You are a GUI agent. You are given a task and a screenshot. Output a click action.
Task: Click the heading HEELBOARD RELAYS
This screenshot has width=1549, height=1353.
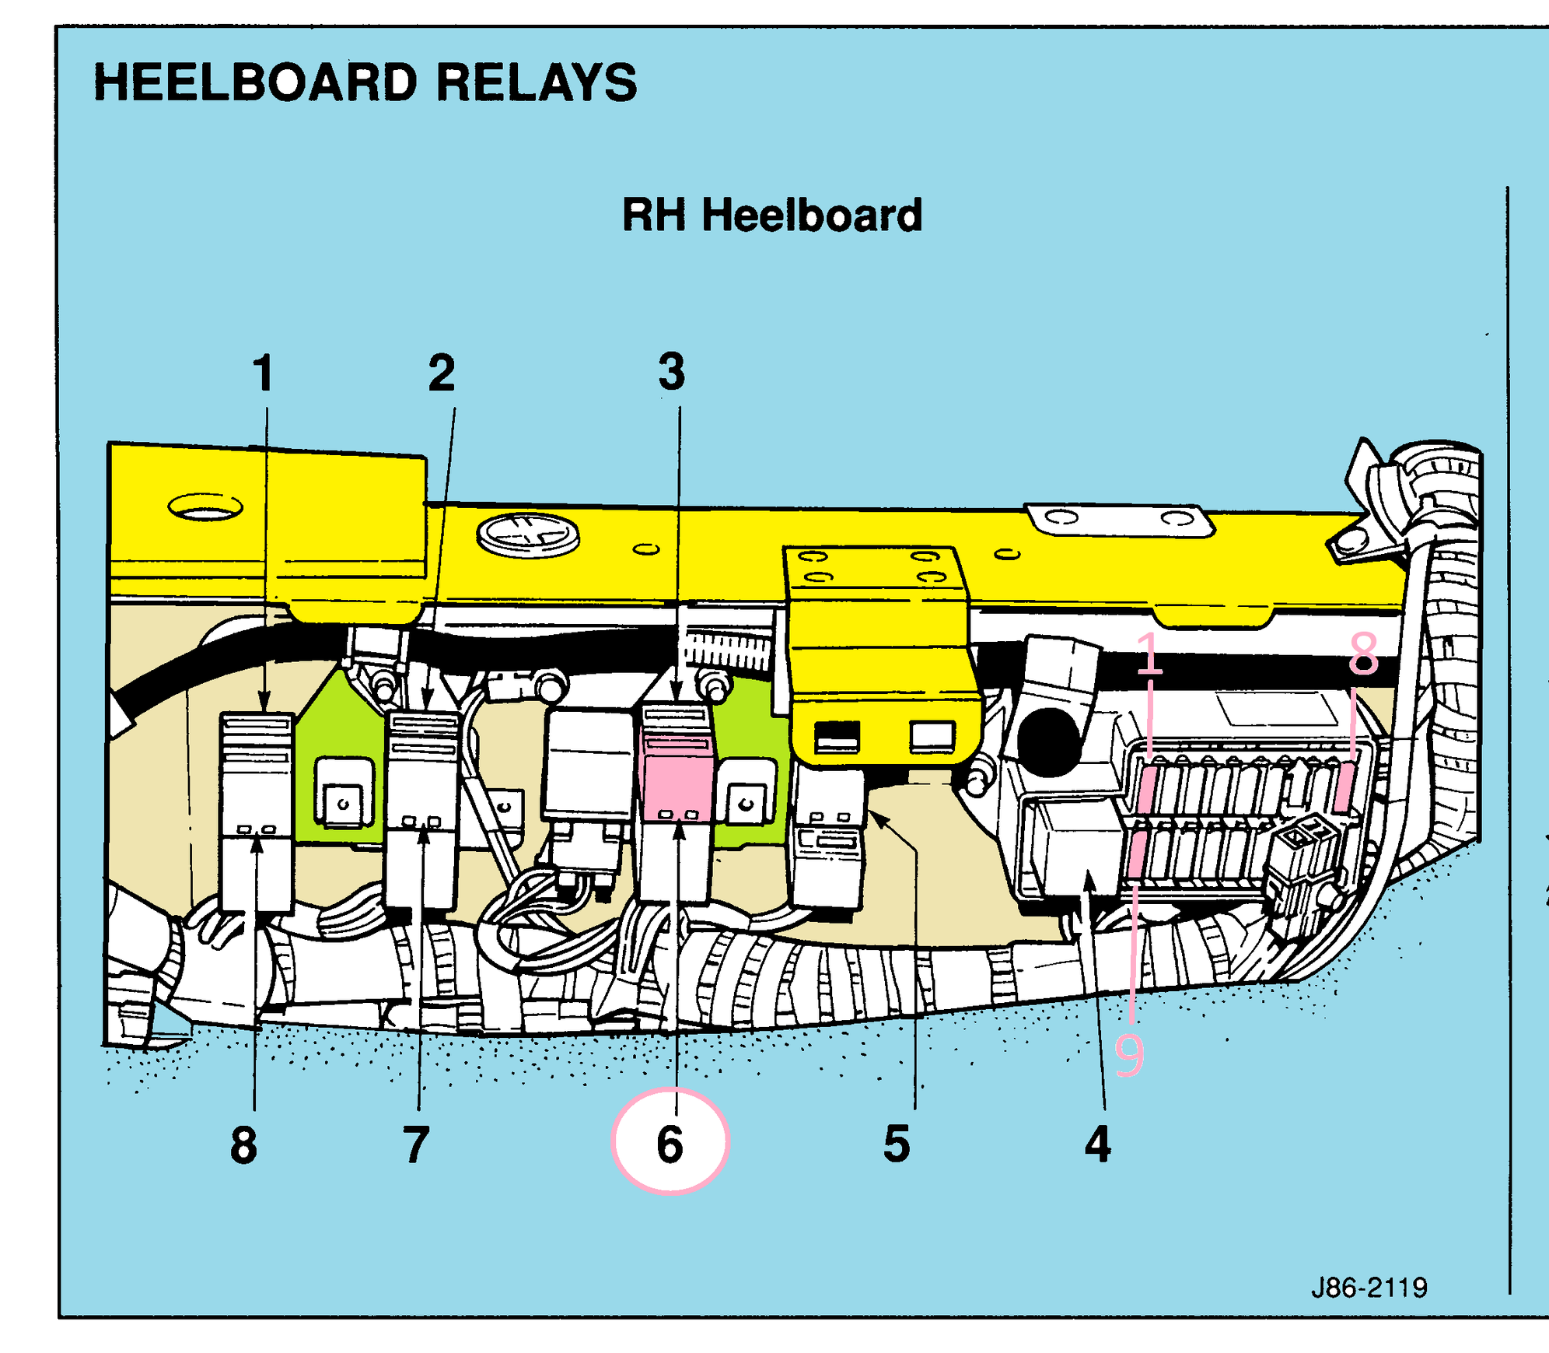(x=365, y=82)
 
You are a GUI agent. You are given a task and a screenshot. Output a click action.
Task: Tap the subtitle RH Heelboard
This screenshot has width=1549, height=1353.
(x=772, y=215)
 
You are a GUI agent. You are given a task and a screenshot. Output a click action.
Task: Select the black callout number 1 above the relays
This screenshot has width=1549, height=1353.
(x=264, y=373)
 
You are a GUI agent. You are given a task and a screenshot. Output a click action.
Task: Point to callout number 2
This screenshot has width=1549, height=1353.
(x=442, y=373)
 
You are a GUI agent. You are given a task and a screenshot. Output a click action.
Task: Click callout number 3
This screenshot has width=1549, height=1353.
(x=672, y=371)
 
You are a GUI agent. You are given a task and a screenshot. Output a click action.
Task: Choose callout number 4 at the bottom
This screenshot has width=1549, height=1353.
(x=1098, y=1144)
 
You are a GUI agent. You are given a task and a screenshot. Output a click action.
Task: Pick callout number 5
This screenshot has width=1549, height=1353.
(x=897, y=1144)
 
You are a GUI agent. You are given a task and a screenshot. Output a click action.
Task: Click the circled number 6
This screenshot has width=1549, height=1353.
(x=670, y=1142)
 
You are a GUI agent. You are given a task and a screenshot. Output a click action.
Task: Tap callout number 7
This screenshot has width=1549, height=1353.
(x=417, y=1144)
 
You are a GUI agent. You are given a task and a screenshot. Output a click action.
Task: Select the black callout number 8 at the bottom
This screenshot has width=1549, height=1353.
(x=243, y=1144)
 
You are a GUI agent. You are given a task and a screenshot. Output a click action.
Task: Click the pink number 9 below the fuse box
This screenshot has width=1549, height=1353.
(x=1129, y=1055)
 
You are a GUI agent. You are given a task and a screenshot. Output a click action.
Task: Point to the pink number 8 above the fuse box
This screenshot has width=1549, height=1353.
(x=1364, y=654)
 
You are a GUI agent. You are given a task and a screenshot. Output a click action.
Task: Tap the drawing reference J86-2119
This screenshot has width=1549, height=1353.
(x=1369, y=1288)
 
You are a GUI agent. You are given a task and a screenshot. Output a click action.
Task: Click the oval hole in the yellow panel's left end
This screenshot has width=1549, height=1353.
(x=205, y=507)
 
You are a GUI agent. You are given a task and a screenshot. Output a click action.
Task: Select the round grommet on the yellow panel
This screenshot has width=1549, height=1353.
(x=528, y=535)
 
